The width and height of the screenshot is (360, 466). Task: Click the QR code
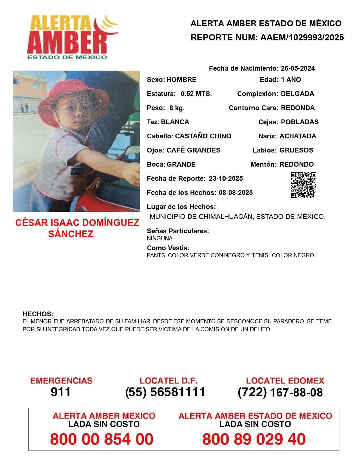click(x=303, y=185)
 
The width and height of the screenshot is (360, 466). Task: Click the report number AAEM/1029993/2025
click(x=302, y=38)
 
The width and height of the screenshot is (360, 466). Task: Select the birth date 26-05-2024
click(x=298, y=68)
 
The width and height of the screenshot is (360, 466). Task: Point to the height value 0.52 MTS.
click(x=196, y=94)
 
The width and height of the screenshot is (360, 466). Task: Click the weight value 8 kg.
click(x=177, y=108)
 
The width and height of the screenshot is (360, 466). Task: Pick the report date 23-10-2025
click(x=226, y=178)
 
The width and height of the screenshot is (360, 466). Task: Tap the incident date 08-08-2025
click(x=235, y=193)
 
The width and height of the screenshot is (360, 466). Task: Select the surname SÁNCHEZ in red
click(x=71, y=234)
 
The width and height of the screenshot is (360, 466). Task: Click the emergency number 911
click(x=60, y=392)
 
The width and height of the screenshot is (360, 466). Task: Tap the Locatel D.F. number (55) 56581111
click(x=165, y=392)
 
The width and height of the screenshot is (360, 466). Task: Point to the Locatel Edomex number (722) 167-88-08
click(x=280, y=392)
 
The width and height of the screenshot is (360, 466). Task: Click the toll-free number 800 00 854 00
click(x=102, y=439)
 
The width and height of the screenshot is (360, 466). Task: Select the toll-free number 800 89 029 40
click(x=254, y=439)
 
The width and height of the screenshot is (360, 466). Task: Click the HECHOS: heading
click(x=38, y=314)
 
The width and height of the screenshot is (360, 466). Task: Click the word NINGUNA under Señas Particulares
click(x=160, y=238)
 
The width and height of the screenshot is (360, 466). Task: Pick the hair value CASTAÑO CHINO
click(x=203, y=136)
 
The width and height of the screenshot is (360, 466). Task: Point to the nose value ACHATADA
click(x=298, y=136)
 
